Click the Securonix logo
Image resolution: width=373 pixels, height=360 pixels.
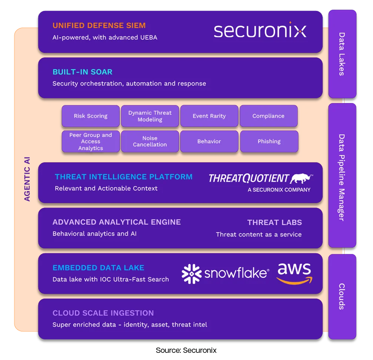click(x=260, y=31)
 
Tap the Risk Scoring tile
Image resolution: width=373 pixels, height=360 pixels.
click(x=91, y=116)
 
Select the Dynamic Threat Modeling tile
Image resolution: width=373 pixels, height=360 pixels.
click(x=150, y=116)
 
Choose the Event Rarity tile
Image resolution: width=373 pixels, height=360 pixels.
click(x=209, y=116)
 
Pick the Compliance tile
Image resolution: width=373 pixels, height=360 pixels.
click(x=268, y=116)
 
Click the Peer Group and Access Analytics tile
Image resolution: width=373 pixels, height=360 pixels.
click(x=91, y=142)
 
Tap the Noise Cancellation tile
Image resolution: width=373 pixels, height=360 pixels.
click(x=150, y=142)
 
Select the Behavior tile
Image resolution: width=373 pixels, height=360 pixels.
click(x=209, y=142)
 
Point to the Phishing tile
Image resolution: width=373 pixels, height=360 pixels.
click(x=269, y=142)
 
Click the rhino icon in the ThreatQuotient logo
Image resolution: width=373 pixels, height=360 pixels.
click(x=302, y=178)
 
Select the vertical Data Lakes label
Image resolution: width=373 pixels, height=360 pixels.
click(x=342, y=54)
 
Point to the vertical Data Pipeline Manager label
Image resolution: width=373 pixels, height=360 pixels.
click(x=342, y=177)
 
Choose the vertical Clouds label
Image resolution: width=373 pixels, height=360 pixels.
click(x=342, y=296)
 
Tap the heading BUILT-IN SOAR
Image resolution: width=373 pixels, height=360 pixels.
click(x=82, y=72)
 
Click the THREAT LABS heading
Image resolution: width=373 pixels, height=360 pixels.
click(x=274, y=222)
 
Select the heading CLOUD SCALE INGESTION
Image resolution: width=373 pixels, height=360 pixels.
click(x=103, y=313)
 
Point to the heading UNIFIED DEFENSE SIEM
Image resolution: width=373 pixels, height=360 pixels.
click(x=99, y=26)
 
